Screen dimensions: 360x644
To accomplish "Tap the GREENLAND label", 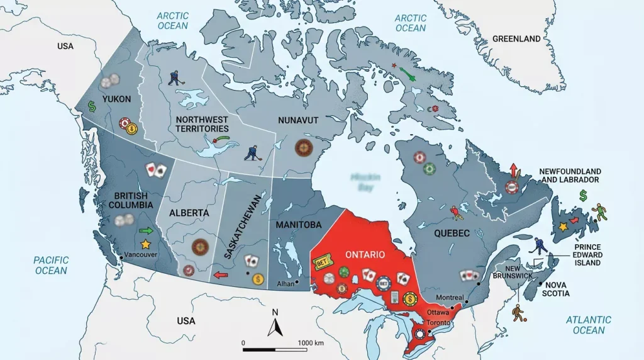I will (516, 38).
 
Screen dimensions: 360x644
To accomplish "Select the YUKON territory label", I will (117, 99).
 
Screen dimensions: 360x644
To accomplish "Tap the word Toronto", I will (438, 322).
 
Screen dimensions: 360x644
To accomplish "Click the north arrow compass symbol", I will (275, 325).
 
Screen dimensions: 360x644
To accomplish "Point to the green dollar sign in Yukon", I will (91, 106).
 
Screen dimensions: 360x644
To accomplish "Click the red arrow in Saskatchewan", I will (220, 274).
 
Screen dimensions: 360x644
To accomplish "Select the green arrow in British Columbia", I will (145, 231).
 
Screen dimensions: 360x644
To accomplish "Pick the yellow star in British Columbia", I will (146, 244).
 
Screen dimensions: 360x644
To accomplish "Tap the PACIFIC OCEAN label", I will (51, 266).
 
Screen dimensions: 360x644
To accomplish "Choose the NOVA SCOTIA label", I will (557, 289).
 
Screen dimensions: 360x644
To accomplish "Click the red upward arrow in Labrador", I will (513, 170).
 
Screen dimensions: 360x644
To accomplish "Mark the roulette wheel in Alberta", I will (200, 246).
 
